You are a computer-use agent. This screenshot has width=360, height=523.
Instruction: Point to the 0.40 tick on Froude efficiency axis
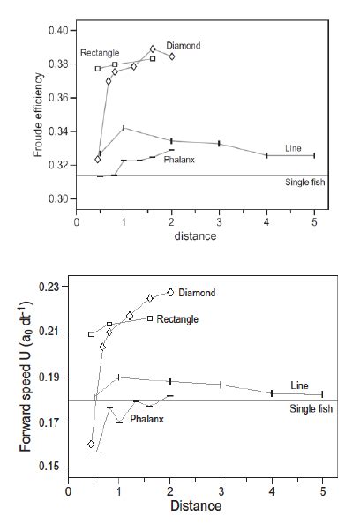(56, 31)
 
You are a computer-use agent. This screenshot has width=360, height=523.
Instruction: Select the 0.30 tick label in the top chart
(56, 199)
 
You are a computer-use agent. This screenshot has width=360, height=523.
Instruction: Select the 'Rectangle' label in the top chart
(99, 52)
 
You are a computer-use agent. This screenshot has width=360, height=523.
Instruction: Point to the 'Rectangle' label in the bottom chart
(180, 318)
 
